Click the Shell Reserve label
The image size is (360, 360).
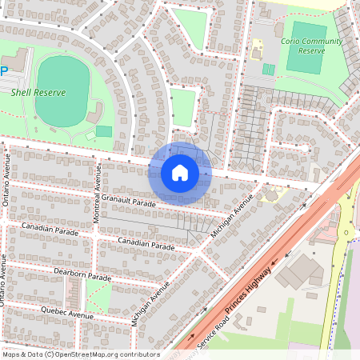pyautogui.click(x=38, y=92)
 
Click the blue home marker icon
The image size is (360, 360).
pyautogui.click(x=180, y=173)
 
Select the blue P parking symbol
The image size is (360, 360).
pyautogui.click(x=4, y=70)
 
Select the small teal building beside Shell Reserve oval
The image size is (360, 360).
pyautogui.click(x=104, y=131)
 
